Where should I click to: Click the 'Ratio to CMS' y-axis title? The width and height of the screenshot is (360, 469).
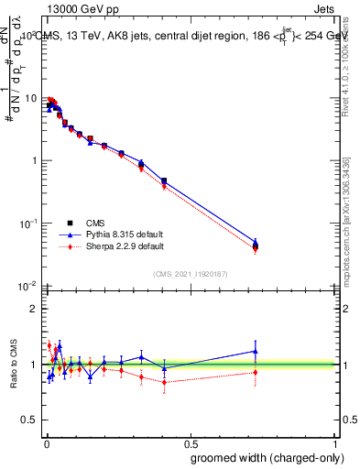coord(12,365)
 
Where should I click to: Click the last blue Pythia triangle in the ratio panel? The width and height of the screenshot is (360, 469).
coord(256,351)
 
